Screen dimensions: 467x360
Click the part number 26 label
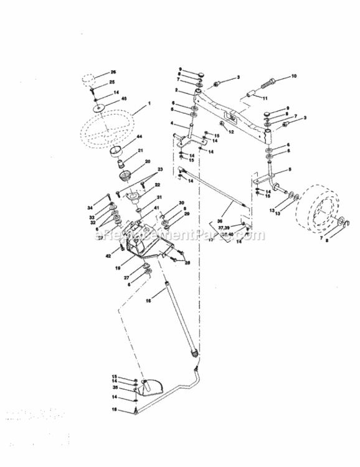pyautogui.click(x=113, y=72)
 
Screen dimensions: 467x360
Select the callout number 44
pyautogui.click(x=140, y=137)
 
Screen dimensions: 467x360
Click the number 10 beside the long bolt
pyautogui.click(x=294, y=77)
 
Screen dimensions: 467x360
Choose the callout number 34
pyautogui.click(x=107, y=208)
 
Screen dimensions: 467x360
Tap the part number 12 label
pyautogui.click(x=231, y=132)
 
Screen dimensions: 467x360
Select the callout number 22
pyautogui.click(x=158, y=185)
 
